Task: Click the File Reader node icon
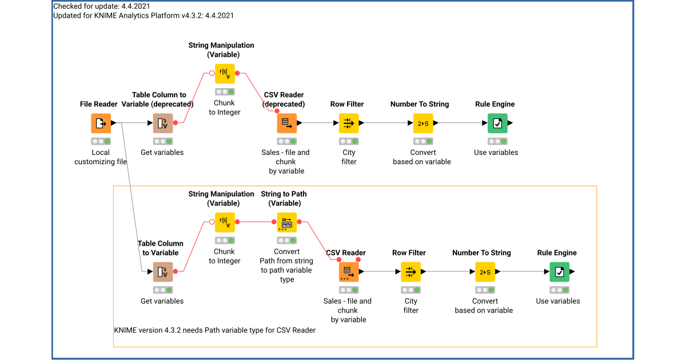coord(101,123)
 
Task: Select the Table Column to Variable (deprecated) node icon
coord(163,123)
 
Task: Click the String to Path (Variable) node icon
coord(287,222)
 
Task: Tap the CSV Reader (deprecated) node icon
coord(287,123)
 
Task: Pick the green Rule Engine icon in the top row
coord(497,123)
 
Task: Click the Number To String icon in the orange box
coord(485,271)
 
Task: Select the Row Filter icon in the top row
coord(349,123)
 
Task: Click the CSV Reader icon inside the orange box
coord(349,271)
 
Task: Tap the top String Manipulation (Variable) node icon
coord(225,73)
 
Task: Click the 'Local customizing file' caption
coord(101,157)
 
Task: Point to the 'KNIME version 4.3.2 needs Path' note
coord(215,330)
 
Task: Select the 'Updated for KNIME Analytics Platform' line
coord(143,15)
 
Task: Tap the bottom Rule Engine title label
coord(557,253)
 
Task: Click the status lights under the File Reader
coord(101,141)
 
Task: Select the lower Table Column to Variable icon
coord(163,271)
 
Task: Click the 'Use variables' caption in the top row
coord(496,153)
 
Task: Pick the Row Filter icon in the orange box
coord(410,271)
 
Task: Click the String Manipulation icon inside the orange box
coord(225,222)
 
